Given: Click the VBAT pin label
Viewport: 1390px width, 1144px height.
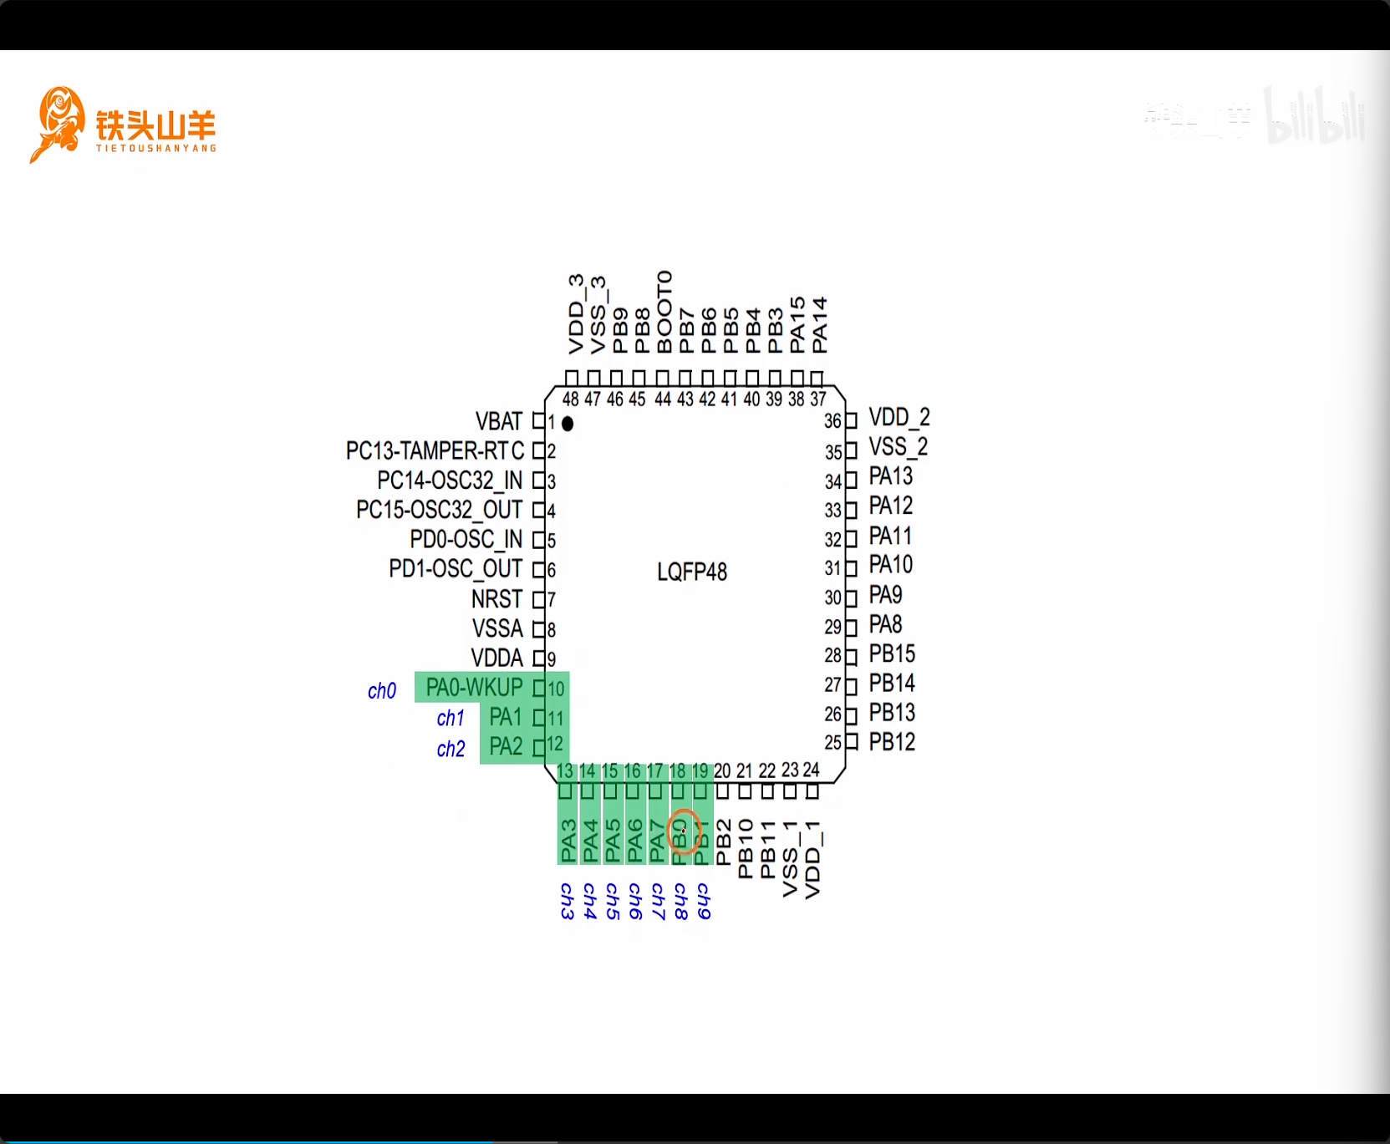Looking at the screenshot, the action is (499, 421).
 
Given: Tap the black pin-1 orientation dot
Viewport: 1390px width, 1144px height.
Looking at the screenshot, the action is (568, 424).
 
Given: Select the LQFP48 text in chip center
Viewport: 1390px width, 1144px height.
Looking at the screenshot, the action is (692, 572).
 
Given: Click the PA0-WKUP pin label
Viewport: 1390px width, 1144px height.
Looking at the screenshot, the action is (474, 688).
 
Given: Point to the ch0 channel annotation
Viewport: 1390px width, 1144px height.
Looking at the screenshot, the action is (382, 691).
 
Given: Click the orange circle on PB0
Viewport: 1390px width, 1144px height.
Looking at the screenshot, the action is (685, 831).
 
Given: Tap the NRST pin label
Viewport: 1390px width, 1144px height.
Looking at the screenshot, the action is (496, 599).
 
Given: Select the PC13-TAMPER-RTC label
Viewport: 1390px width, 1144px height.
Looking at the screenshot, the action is (435, 451).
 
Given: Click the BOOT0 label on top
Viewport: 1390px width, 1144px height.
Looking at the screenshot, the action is (664, 312).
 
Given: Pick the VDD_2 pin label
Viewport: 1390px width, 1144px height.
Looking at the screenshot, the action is (899, 417).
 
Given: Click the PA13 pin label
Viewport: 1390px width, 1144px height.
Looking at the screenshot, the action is (891, 476).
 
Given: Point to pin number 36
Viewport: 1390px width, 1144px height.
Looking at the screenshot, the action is (832, 421).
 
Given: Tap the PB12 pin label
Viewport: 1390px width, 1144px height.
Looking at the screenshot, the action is (892, 742).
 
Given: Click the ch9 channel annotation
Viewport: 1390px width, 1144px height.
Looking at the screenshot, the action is (704, 901).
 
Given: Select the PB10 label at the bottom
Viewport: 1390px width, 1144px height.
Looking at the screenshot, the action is (746, 848).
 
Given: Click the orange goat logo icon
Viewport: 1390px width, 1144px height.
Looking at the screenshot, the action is (59, 124).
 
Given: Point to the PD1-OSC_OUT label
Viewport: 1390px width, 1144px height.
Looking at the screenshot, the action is (456, 569).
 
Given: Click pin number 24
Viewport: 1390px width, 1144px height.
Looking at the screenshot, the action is (811, 770).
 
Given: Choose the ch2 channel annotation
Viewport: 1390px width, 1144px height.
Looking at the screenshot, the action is (451, 749).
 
